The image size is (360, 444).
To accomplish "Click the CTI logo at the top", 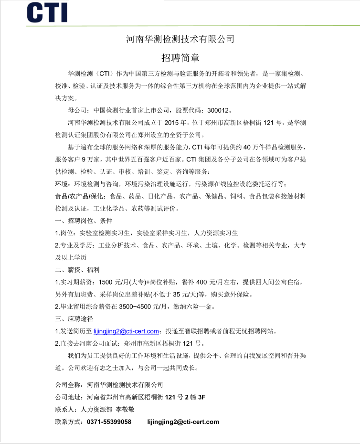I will [46, 12].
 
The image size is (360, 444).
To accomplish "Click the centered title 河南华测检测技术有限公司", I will [180, 39].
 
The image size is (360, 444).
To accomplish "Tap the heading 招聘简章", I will [180, 58].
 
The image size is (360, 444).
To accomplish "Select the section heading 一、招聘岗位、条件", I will [84, 221].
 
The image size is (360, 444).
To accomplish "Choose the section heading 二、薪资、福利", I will [77, 270].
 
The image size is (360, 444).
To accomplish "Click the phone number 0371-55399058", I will [109, 422].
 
